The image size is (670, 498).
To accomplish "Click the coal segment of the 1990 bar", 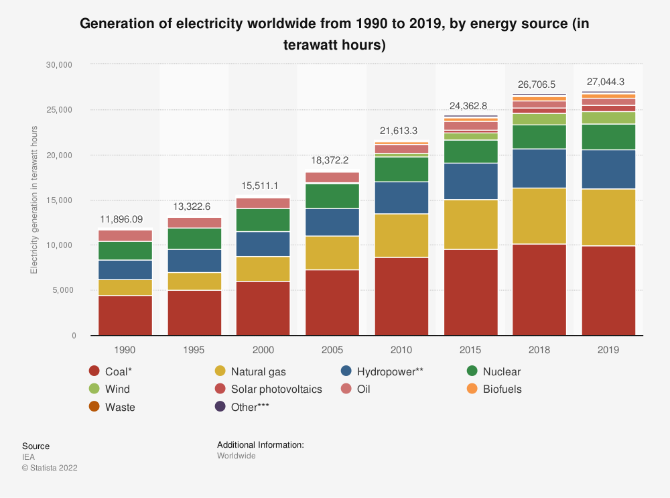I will [x=125, y=315].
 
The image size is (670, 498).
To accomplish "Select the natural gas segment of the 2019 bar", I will [x=608, y=217].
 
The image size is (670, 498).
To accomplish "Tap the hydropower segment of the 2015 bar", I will [x=470, y=181].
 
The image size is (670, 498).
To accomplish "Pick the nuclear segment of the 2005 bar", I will [x=332, y=196].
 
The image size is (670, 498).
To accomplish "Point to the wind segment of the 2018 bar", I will [x=539, y=119].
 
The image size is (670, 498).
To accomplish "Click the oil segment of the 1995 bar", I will [x=194, y=223].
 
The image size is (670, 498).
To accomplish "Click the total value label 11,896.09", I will [x=125, y=219].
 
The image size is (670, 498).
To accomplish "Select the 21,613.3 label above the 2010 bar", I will [x=401, y=130].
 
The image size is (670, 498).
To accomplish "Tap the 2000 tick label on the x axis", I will [x=263, y=350].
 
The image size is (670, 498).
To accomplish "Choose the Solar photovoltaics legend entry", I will [x=276, y=389].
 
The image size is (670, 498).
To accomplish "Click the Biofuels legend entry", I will [x=502, y=389].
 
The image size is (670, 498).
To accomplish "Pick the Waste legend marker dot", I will [x=94, y=407].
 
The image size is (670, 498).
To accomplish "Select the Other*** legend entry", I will [x=249, y=407].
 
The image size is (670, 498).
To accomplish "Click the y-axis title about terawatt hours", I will [x=34, y=200].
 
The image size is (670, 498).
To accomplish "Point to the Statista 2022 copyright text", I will [x=50, y=468].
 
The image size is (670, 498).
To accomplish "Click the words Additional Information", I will [x=261, y=444].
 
